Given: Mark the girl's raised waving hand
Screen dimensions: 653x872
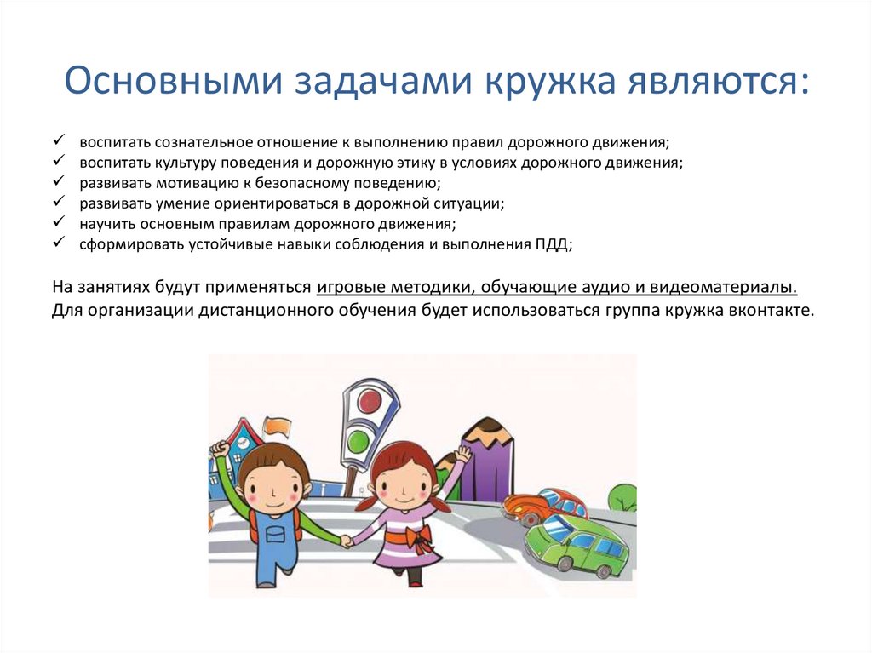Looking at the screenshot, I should click(x=462, y=454).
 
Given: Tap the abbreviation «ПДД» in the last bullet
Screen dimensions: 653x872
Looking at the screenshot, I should click(x=553, y=244).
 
